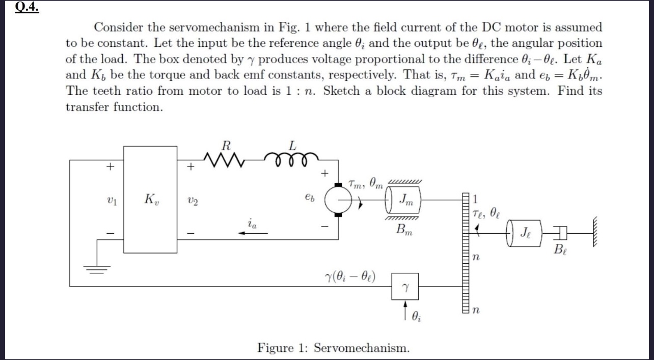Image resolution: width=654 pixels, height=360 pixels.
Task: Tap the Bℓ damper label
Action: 560,250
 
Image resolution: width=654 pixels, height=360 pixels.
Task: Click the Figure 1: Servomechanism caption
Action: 333,348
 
